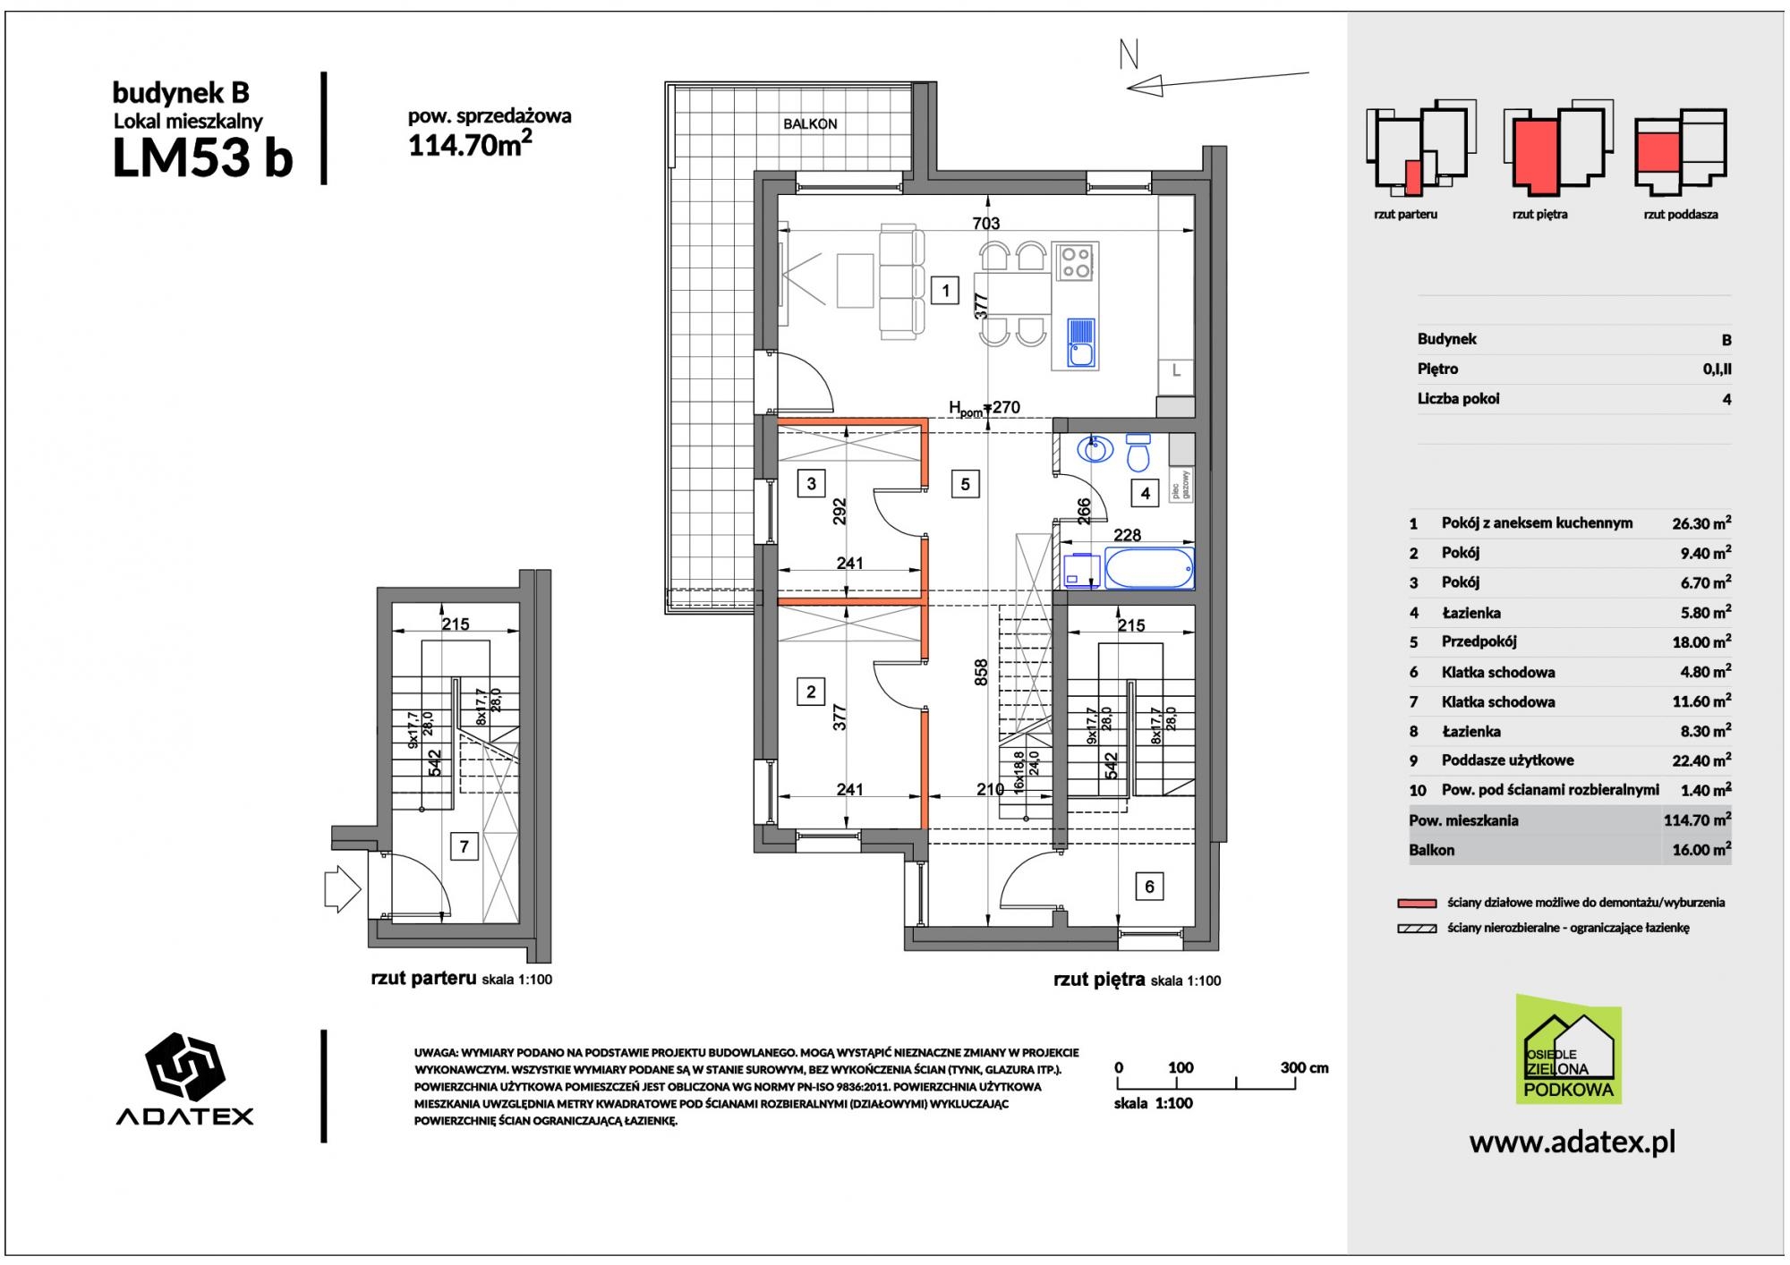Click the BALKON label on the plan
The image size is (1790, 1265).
click(810, 124)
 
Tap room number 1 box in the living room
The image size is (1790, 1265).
click(945, 290)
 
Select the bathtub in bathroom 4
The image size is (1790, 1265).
click(1149, 569)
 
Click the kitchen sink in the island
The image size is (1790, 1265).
click(1082, 344)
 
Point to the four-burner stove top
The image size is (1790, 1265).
click(1074, 260)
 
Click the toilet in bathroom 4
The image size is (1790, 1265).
click(1138, 453)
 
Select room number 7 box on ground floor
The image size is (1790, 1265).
click(464, 845)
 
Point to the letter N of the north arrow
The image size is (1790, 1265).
click(1129, 56)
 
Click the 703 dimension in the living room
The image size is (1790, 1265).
click(985, 224)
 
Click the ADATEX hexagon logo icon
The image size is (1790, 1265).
click(184, 1068)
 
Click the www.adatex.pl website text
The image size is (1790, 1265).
click(1573, 1142)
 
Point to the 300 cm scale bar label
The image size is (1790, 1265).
click(1304, 1067)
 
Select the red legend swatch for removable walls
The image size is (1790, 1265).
click(1416, 903)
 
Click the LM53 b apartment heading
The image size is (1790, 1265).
click(202, 158)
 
